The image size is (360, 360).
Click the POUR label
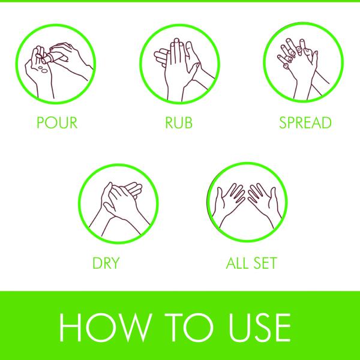[57, 124]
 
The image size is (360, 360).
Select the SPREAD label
[305, 124]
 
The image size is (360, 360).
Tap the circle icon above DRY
[118, 204]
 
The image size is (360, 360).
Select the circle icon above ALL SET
[245, 204]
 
